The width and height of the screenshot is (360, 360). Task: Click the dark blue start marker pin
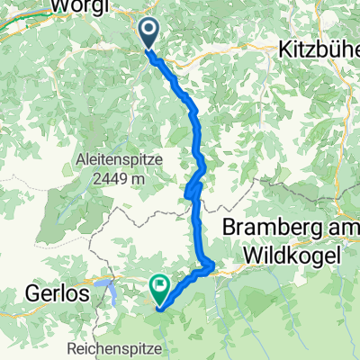148,34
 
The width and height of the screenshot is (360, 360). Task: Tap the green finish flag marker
160,289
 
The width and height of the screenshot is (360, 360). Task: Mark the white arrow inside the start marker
148,32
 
